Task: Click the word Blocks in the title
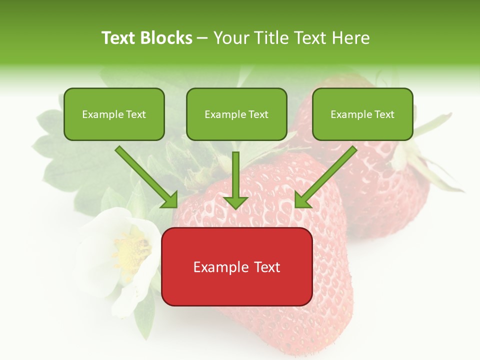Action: pos(166,38)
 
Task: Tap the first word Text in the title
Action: pos(119,38)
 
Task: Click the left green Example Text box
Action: pos(114,114)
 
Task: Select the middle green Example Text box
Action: pos(236,114)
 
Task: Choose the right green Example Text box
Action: pos(362,114)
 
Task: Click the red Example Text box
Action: pos(236,266)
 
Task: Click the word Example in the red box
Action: pos(221,267)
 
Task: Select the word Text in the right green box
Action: pos(384,114)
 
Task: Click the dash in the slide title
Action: pos(202,38)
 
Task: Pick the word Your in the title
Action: pos(230,38)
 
